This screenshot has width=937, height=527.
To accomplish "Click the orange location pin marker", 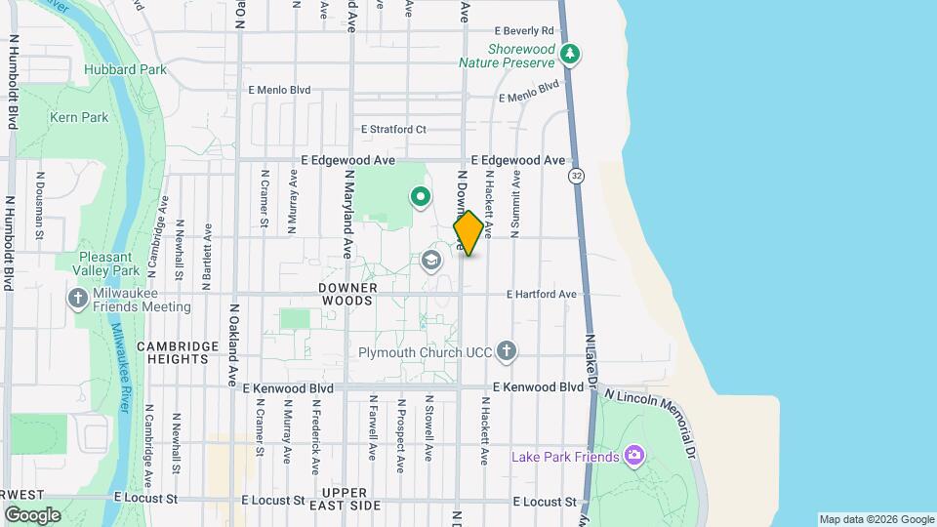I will pos(468,233).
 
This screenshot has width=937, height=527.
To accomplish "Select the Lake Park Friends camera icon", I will pos(634,456).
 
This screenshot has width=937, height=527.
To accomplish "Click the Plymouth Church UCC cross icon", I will pos(506,351).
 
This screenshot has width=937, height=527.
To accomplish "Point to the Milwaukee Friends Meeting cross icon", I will pos(78,299).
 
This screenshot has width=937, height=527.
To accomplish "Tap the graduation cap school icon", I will pos(431,261).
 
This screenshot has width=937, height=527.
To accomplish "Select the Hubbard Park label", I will pos(125,69).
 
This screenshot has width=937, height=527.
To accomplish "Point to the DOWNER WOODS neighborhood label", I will pos(346,295).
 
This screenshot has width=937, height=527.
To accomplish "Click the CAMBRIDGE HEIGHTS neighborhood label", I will pos(173,352).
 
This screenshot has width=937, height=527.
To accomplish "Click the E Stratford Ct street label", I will pos(393,129).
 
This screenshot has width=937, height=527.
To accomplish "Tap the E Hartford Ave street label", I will pos(542,294).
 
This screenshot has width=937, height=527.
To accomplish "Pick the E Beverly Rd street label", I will pos(524,31).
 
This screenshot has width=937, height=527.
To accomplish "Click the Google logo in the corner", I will pos(32,514).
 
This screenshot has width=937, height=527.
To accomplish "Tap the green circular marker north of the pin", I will pos(421,198).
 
